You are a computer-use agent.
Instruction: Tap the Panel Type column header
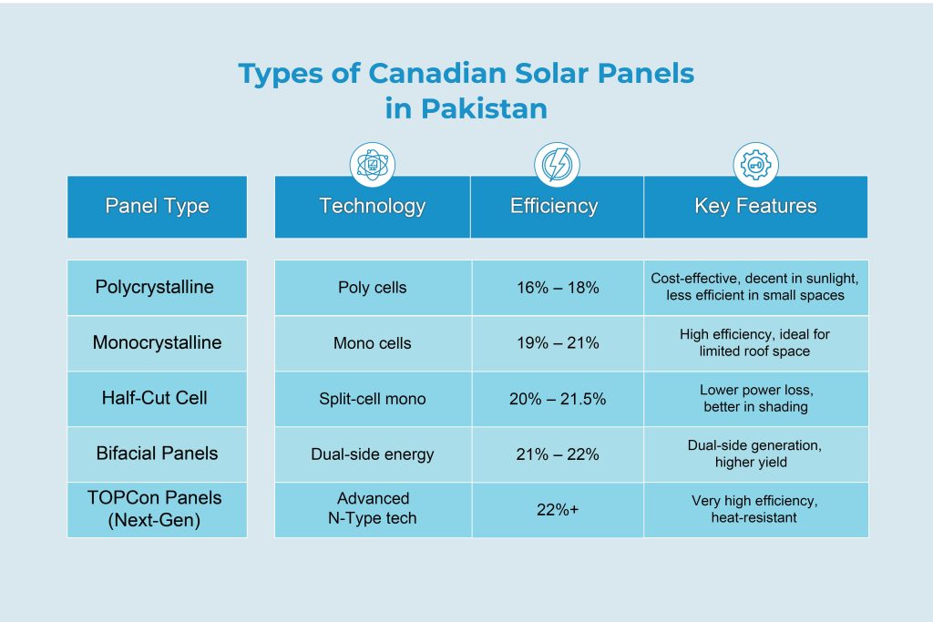pyautogui.click(x=157, y=206)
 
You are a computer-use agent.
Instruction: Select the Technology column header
pyautogui.click(x=372, y=206)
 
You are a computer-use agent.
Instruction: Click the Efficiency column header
pyautogui.click(x=554, y=206)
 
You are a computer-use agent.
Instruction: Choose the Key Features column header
pyautogui.click(x=755, y=206)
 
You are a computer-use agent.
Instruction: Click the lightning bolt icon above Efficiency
pyautogui.click(x=555, y=165)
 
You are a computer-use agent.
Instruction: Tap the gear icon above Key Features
pyautogui.click(x=755, y=165)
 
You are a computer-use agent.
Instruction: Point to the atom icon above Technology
pyautogui.click(x=372, y=165)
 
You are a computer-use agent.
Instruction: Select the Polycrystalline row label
pyautogui.click(x=155, y=288)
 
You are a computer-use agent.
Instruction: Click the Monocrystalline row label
pyautogui.click(x=157, y=343)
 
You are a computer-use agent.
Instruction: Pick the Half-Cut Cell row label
pyautogui.click(x=155, y=398)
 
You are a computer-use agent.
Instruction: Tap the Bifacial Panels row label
pyautogui.click(x=157, y=454)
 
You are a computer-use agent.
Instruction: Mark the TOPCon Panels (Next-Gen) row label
pyautogui.click(x=155, y=508)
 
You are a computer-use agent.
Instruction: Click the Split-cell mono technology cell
pyautogui.click(x=372, y=399)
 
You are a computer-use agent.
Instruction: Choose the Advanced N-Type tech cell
pyautogui.click(x=373, y=508)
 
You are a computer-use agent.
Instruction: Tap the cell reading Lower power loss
pyautogui.click(x=755, y=398)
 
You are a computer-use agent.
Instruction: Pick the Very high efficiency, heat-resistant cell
pyautogui.click(x=755, y=508)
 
